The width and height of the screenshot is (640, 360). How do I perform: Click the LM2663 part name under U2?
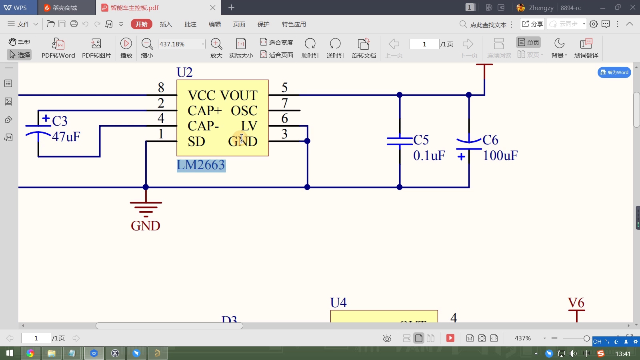click(x=201, y=165)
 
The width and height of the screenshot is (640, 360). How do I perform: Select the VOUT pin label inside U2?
click(x=239, y=96)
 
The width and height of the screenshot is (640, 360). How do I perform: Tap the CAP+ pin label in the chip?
click(x=204, y=111)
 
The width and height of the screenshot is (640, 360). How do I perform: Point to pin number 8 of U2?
click(x=161, y=87)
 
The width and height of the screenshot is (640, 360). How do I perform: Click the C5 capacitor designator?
click(x=421, y=140)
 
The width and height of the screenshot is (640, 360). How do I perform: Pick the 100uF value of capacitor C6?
click(x=500, y=156)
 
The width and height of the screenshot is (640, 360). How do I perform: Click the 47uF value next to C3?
click(x=66, y=137)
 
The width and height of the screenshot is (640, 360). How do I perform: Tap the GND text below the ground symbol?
click(x=146, y=226)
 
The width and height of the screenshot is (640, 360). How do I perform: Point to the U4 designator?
click(x=338, y=303)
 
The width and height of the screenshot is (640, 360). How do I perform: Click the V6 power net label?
click(x=576, y=303)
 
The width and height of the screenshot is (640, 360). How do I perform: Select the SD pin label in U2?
click(x=196, y=142)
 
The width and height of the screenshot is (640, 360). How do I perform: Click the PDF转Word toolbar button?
click(x=58, y=48)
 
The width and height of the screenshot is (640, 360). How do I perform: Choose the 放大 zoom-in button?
click(x=216, y=48)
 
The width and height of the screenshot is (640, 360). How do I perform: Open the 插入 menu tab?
click(x=166, y=24)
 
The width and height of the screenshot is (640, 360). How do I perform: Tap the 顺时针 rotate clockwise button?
click(x=310, y=48)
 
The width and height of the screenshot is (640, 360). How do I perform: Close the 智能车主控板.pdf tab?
click(x=213, y=8)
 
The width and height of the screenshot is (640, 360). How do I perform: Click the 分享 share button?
click(x=532, y=24)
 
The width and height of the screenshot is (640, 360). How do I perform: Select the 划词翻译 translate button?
click(x=586, y=48)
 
